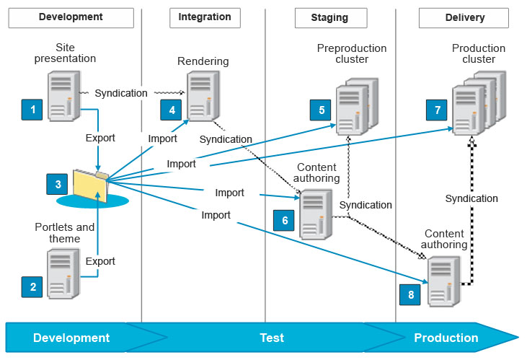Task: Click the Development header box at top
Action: point(71,17)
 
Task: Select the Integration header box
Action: point(205,17)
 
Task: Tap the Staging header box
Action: point(331,17)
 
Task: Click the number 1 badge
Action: point(32,110)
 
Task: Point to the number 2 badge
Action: point(32,287)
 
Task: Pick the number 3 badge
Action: point(58,185)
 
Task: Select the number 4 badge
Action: point(172,110)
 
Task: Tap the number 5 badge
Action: point(322,110)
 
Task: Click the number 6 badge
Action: point(285,221)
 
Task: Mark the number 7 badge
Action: point(438,110)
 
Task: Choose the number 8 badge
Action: point(410,294)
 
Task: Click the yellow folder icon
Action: point(91,185)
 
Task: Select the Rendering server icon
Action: point(202,96)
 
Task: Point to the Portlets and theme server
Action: point(63,273)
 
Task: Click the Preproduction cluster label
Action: point(352,53)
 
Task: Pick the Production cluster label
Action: point(479,53)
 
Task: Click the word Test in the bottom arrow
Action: point(272,338)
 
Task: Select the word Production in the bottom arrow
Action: point(446,338)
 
